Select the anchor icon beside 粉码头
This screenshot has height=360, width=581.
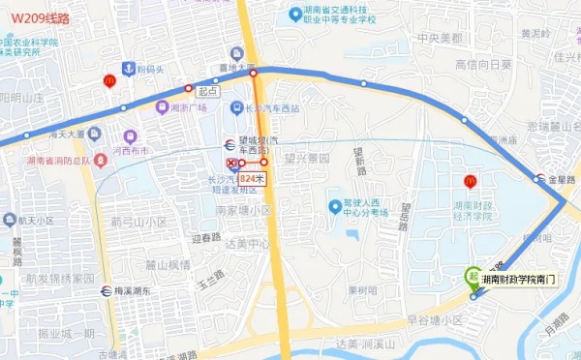(x=127, y=69)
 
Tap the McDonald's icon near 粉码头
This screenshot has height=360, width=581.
(x=109, y=80)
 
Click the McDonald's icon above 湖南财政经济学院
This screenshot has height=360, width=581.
(x=471, y=180)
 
